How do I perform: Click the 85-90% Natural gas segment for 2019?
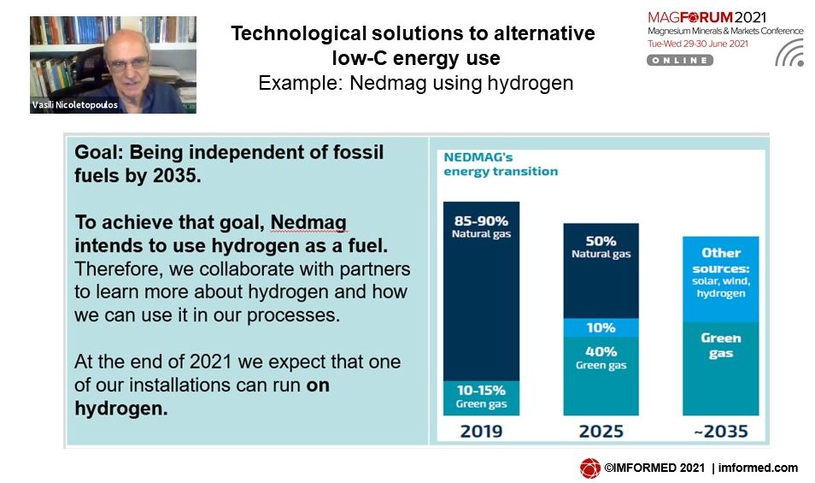coord(481,292)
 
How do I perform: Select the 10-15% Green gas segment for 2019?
coord(481,398)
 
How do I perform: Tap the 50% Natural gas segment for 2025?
coord(601,271)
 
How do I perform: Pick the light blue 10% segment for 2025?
coord(601,328)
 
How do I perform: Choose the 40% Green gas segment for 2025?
coord(601,376)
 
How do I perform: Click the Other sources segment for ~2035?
coord(721,280)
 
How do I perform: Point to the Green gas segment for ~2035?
coord(721,369)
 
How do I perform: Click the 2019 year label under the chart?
coord(481,432)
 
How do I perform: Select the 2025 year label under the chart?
coord(601,432)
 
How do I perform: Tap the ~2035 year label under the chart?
coord(721,432)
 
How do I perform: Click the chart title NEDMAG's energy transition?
coord(501,164)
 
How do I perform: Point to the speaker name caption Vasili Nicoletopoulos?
coord(75,105)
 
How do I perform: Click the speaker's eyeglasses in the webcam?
coord(128,64)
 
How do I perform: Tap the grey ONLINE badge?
coord(680,61)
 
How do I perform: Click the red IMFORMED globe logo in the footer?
coord(590,468)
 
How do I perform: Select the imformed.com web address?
coord(758,468)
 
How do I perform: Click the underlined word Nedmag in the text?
coord(308,222)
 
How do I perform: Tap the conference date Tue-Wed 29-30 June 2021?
coord(697,44)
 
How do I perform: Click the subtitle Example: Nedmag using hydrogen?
coord(416,83)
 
